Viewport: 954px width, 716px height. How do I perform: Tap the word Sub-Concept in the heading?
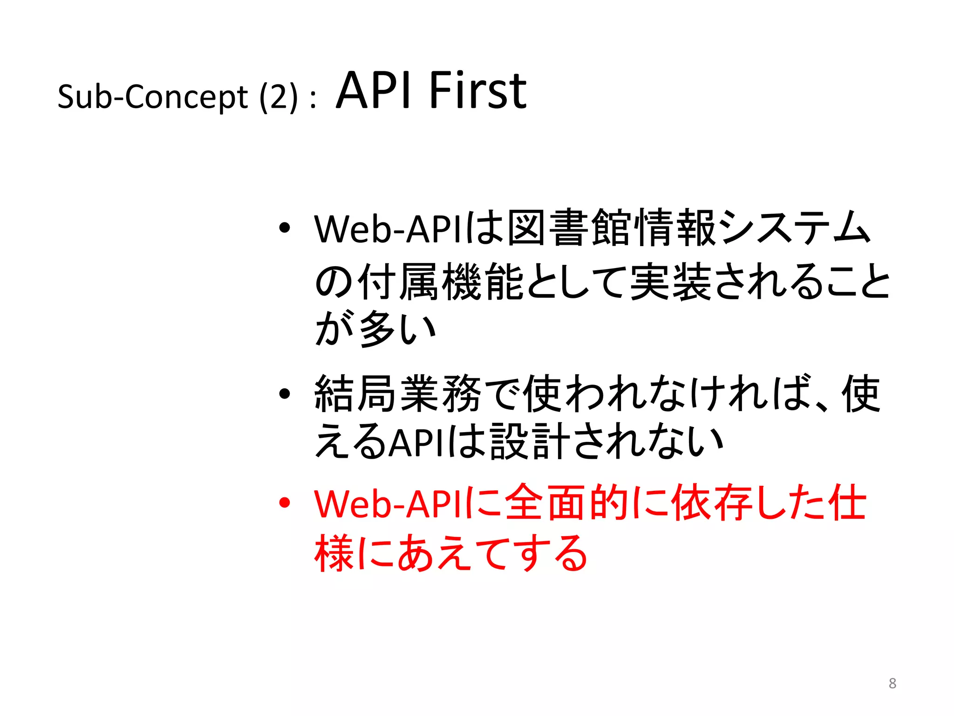153,97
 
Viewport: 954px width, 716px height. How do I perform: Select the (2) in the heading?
278,97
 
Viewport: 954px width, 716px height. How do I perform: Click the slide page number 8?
892,683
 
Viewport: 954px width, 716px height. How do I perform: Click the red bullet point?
284,503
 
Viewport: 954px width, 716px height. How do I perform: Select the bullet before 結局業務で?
284,394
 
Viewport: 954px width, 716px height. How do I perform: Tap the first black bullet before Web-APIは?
284,228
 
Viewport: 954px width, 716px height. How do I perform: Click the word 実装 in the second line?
671,282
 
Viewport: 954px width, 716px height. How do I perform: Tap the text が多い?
375,329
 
